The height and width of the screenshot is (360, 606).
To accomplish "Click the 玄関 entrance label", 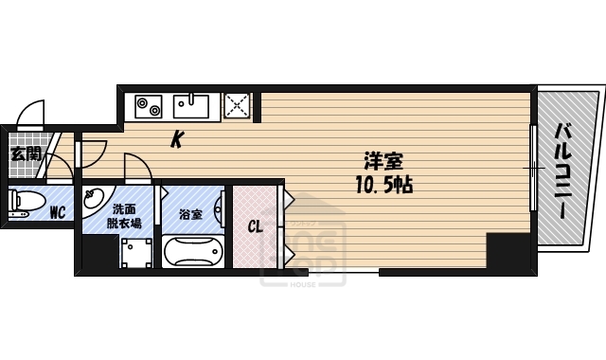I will [25, 153].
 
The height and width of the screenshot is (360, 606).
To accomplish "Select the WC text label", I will [57, 212].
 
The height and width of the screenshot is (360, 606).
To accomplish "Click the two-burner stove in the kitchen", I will [149, 105].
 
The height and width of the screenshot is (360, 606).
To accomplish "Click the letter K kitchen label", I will [177, 141].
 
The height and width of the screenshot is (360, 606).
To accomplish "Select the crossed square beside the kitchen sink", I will [237, 105].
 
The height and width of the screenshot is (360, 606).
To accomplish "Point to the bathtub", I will [192, 254].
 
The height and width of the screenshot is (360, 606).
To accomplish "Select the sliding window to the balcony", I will [533, 171].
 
